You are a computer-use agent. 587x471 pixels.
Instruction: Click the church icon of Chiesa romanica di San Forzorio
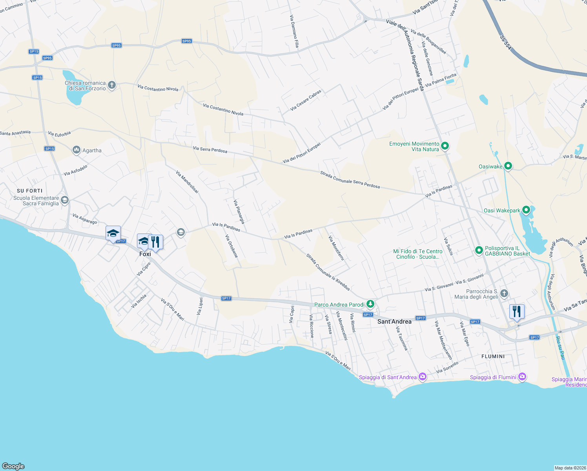[x=112, y=85]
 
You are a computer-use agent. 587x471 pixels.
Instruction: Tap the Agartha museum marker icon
[x=77, y=150]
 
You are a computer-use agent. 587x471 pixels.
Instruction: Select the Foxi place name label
[x=145, y=254]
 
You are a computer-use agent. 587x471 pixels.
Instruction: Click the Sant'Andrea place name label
[x=394, y=321]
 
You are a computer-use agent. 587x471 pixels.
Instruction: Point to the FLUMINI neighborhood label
[x=493, y=356]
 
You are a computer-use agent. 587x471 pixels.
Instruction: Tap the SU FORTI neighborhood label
[x=29, y=191]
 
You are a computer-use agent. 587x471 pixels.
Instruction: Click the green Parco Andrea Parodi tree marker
[x=370, y=304]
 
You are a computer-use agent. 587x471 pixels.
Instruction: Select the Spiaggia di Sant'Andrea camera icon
[x=423, y=377]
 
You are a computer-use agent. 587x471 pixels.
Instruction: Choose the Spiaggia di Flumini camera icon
[x=522, y=377]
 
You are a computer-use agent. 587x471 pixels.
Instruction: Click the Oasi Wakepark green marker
[x=526, y=210]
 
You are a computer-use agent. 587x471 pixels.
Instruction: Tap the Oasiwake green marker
[x=508, y=166]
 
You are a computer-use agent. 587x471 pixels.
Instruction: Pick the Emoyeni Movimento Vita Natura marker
[x=445, y=146]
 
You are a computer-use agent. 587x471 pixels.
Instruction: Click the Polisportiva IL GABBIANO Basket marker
[x=479, y=250]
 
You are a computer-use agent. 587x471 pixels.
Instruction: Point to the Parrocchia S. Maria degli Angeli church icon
[x=504, y=294]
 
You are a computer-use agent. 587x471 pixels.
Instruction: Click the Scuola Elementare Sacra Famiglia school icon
[x=65, y=201]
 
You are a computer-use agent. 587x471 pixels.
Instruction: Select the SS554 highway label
[x=506, y=43]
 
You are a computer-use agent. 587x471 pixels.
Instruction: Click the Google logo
[x=13, y=466]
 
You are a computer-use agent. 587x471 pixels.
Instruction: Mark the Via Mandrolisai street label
[x=187, y=182]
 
